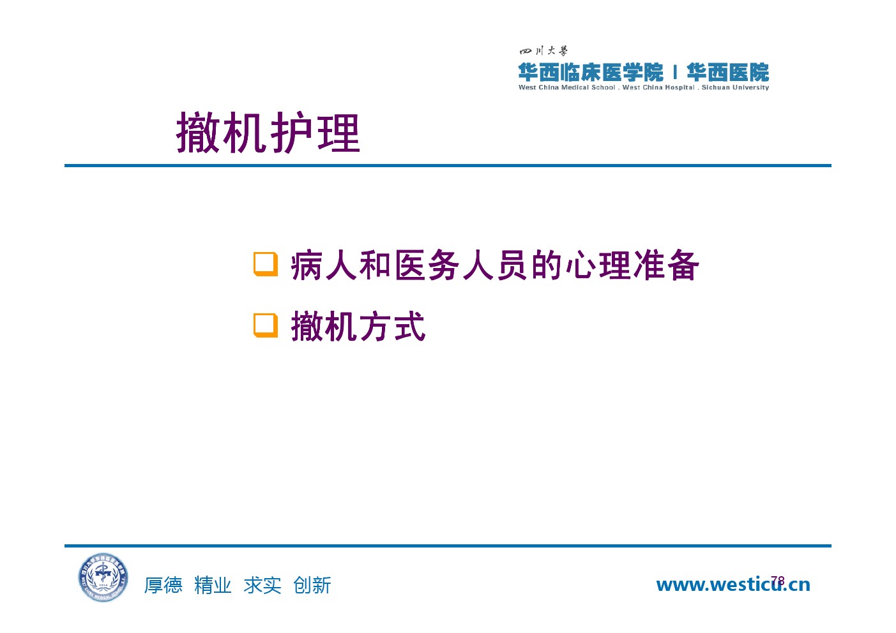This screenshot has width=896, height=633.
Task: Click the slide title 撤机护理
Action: coord(268,133)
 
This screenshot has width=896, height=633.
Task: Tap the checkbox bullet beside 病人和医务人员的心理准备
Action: coord(266,264)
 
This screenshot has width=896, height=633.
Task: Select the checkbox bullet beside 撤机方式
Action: coord(266,325)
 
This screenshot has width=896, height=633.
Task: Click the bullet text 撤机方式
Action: coord(358,327)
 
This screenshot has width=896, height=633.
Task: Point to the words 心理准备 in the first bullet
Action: coord(632,265)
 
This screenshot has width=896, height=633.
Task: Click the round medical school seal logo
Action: coord(103,577)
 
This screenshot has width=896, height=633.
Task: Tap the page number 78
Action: coord(778,581)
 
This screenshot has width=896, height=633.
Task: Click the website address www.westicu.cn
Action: coord(733,585)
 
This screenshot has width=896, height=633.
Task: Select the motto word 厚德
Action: coord(163,585)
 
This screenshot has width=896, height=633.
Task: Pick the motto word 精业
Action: coord(213,585)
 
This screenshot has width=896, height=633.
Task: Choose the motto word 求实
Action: coord(262,585)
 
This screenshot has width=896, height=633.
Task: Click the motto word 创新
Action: coord(312,585)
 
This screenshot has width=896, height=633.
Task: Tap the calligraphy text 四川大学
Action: coord(543,51)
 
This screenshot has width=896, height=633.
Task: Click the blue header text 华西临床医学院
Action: coord(590,72)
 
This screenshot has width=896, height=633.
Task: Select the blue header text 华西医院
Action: coord(728,72)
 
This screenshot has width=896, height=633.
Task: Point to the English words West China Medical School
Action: coord(566,87)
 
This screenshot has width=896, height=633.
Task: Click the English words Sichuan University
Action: coord(735,87)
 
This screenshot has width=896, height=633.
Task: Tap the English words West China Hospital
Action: coord(658,87)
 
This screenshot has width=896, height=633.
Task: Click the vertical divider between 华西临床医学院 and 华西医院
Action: coord(675,72)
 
